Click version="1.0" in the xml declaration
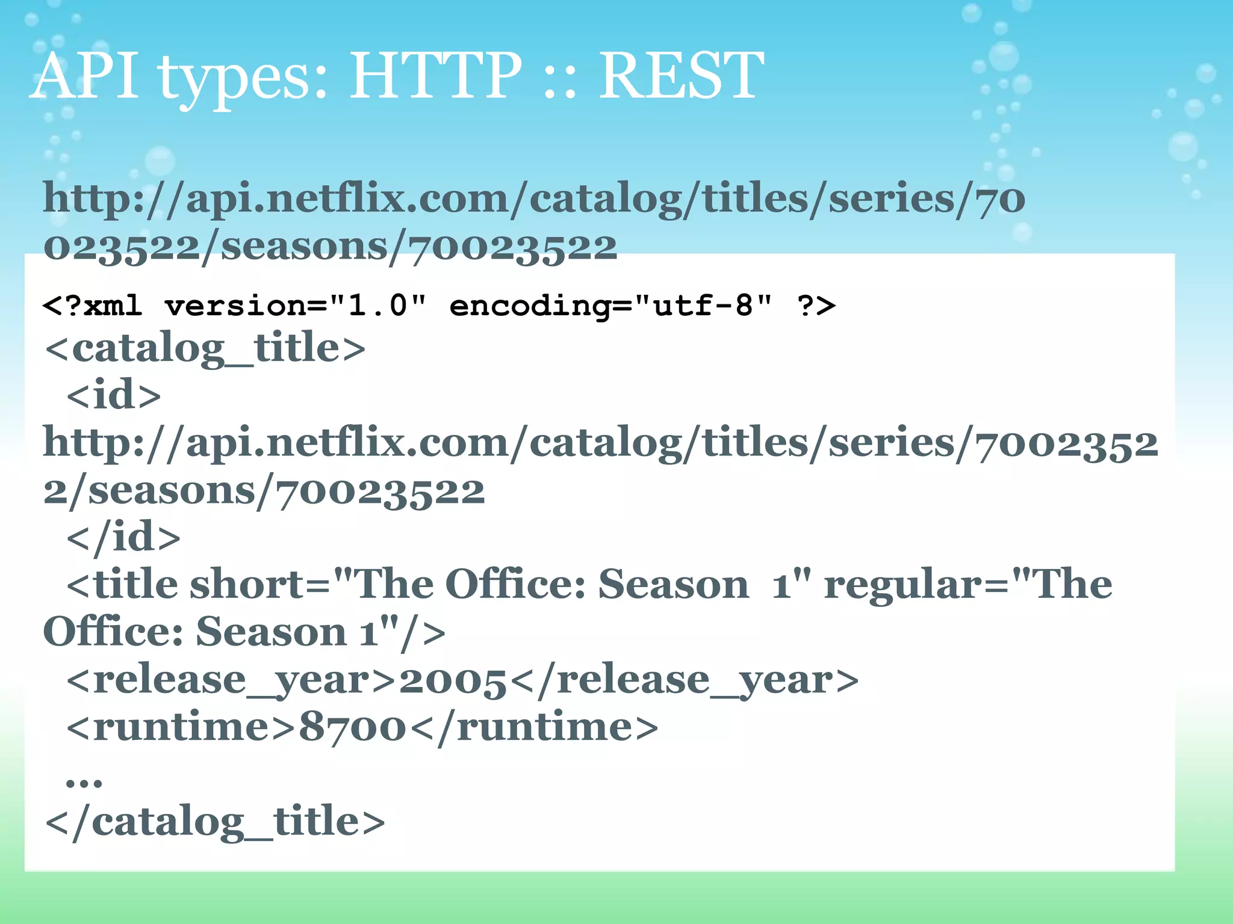pyautogui.click(x=295, y=306)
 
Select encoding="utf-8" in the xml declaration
pyautogui.click(x=610, y=306)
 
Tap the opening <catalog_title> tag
pyautogui.click(x=205, y=348)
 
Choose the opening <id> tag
pyautogui.click(x=114, y=395)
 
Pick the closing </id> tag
pyautogui.click(x=123, y=537)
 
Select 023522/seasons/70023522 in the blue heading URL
pyautogui.click(x=330, y=247)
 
